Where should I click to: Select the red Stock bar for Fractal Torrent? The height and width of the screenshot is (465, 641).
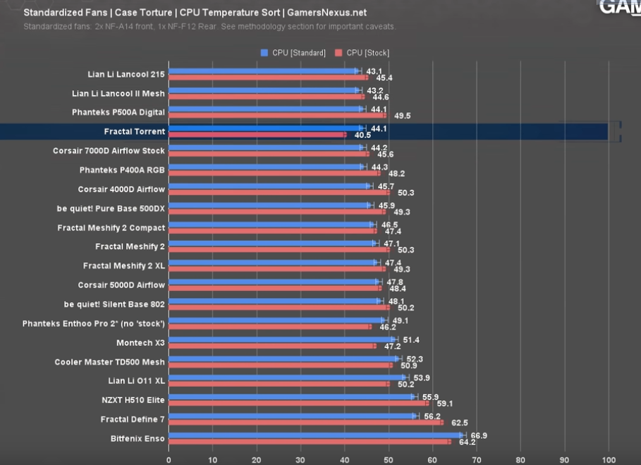click(257, 135)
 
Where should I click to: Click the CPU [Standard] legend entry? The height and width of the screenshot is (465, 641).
click(293, 53)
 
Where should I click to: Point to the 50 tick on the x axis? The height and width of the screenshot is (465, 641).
click(389, 459)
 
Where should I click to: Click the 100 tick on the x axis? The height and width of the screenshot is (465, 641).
click(609, 459)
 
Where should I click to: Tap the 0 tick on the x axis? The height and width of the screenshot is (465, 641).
click(169, 459)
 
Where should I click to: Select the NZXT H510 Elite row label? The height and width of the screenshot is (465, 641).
click(133, 400)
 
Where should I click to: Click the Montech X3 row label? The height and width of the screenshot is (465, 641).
click(140, 343)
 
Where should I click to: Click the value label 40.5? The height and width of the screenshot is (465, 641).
click(362, 135)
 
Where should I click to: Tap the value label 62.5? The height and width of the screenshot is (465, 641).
click(459, 423)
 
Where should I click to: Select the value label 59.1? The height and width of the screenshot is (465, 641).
click(445, 404)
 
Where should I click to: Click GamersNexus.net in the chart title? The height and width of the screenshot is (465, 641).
click(326, 13)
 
